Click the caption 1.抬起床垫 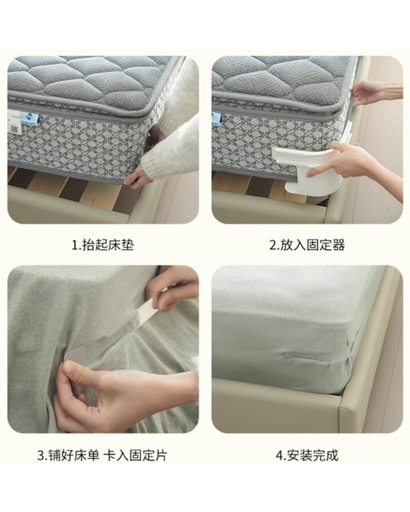tap(102, 245)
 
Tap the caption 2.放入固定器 tap(307, 245)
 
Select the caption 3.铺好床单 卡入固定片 tap(102, 455)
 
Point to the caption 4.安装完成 tap(307, 455)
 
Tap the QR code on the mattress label tap(14, 129)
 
